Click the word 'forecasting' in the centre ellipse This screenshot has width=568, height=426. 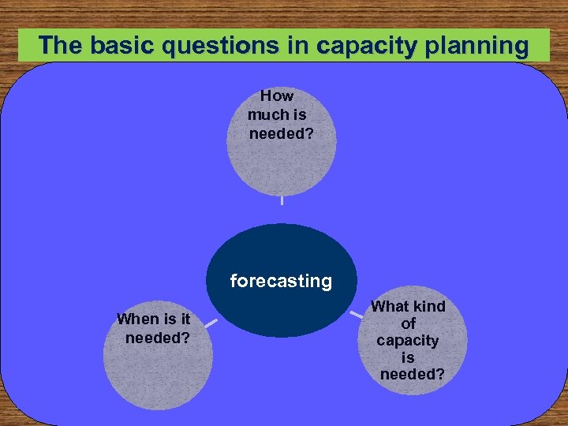(281, 282)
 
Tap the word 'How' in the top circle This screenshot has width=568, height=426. (276, 96)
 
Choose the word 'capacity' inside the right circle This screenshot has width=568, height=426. (407, 341)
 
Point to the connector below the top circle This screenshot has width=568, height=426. (282, 200)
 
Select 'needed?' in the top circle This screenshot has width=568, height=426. (281, 133)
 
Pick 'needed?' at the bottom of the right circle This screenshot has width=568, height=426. (412, 375)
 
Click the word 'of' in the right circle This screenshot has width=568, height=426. (408, 323)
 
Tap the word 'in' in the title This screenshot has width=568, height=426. (297, 46)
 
